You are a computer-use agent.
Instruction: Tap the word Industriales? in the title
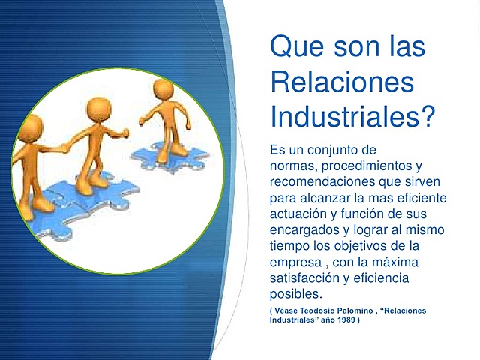tap(352, 116)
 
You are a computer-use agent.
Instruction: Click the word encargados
tap(305, 229)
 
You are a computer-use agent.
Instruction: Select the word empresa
tap(295, 262)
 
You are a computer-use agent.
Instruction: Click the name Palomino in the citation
tap(363, 310)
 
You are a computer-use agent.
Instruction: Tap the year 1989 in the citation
tap(343, 320)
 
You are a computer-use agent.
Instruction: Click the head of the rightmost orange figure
tap(163, 91)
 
